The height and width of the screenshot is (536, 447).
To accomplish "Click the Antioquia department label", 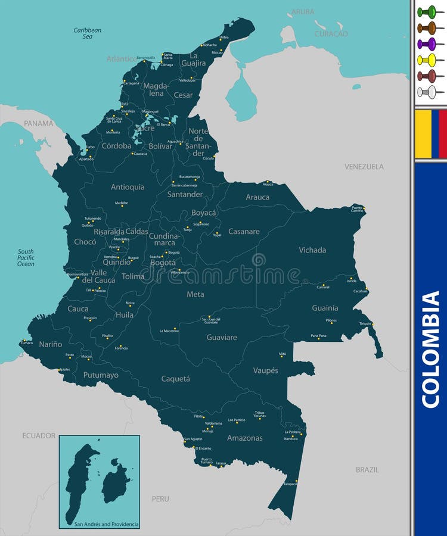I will tap(128, 187).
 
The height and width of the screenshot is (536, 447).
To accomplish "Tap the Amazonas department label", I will tap(244, 438).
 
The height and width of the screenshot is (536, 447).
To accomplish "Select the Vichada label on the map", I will tap(312, 250).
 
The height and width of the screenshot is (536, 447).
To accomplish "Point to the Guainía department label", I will tap(325, 308).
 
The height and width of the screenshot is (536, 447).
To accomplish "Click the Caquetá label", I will tap(175, 378).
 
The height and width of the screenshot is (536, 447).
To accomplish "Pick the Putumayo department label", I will tap(101, 375).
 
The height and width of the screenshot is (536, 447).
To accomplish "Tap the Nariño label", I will tap(51, 344).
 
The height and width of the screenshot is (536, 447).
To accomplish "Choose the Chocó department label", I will tap(85, 242).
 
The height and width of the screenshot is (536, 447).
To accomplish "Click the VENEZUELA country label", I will tap(364, 167).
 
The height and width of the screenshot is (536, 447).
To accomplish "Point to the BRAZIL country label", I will tap(367, 469).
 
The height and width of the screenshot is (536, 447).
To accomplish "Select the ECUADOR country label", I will tap(39, 435).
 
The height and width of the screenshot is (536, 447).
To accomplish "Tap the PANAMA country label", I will tap(38, 123).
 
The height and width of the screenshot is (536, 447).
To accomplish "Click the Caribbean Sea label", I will tap(88, 33).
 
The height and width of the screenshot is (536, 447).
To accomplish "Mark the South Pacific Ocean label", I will tap(26, 258).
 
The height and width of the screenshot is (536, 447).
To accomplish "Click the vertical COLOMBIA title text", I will tap(430, 350).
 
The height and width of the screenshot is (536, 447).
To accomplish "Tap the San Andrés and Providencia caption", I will tap(106, 524).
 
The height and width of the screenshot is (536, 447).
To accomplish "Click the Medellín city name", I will tap(122, 203).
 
